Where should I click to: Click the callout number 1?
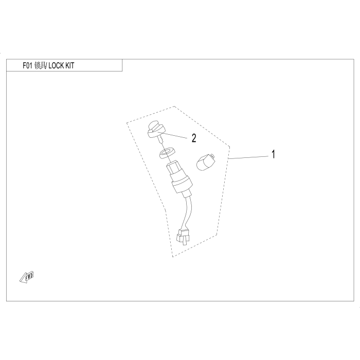point(273,154)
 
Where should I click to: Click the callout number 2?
point(193,138)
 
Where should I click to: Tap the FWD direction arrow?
point(26,278)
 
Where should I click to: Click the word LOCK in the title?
point(59,66)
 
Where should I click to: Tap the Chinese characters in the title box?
point(41,66)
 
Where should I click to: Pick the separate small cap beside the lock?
point(205,162)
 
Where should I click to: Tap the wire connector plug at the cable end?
point(181,237)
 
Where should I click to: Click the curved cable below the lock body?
point(189,211)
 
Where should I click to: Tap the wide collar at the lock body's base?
point(183,189)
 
